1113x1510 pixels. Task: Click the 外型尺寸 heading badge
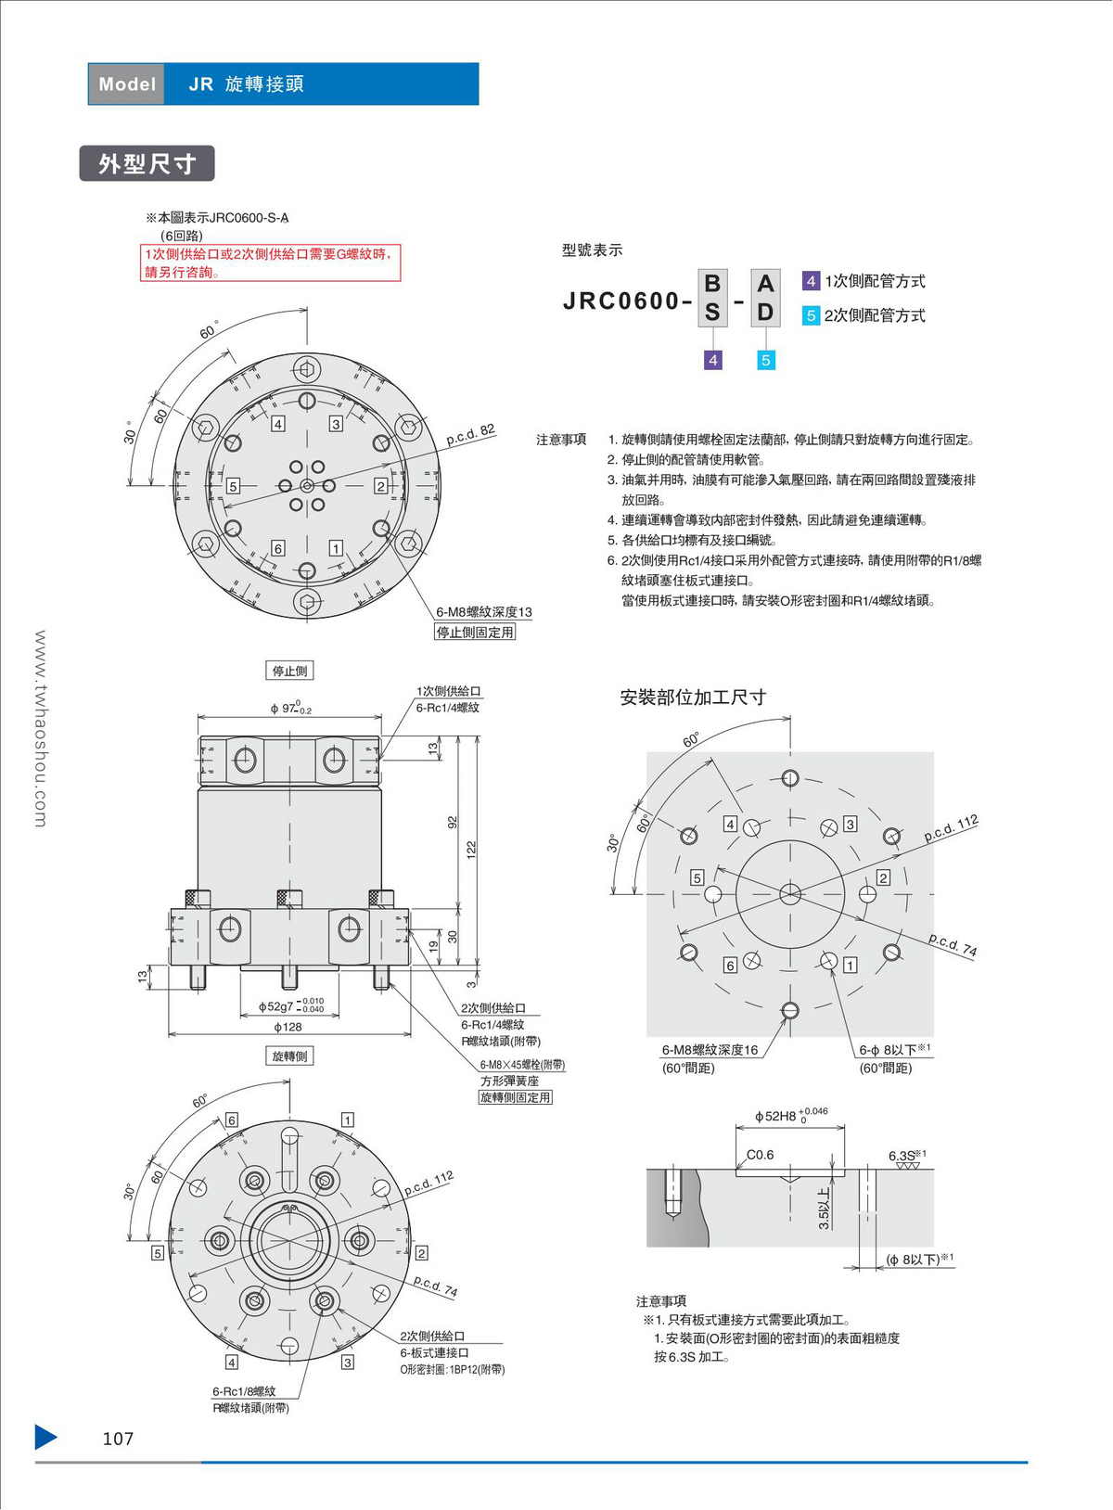pos(147,163)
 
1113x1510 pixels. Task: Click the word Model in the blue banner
pos(127,84)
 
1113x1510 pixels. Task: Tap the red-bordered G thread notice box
pos(270,262)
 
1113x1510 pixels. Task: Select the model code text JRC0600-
pos(627,301)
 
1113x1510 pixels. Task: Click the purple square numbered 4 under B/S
pos(712,360)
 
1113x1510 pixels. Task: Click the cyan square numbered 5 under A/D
pos(765,360)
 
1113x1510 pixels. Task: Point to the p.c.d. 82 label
pos(470,434)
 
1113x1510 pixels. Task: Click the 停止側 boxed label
pos(289,671)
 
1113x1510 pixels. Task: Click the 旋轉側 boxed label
pos(289,1056)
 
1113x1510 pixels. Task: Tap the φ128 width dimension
pos(288,1027)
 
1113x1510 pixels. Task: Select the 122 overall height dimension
pos(471,850)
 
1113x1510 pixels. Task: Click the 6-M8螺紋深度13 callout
pos(483,612)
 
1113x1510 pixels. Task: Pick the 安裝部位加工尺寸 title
pos(692,697)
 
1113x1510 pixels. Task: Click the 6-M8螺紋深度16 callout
pos(709,1050)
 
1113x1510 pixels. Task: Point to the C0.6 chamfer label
pos(760,1155)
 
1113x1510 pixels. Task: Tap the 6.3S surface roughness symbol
pos(905,1157)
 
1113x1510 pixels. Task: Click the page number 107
pos(118,1439)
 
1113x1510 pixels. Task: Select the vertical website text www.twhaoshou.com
pos(40,728)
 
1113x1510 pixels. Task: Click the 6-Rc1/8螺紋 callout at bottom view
pos(244,1391)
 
